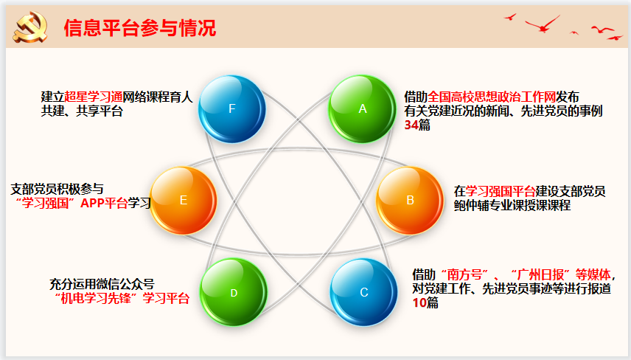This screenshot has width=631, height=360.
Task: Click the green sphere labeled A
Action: point(362,108)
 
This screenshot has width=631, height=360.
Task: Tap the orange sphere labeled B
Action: point(410,200)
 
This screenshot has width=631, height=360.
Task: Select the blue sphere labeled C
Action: point(363,292)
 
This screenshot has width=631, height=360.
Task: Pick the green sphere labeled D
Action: point(234,292)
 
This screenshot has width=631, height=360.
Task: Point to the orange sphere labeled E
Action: point(184,200)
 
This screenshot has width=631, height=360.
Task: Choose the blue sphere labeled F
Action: point(231,108)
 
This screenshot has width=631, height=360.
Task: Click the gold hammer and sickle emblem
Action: point(30,27)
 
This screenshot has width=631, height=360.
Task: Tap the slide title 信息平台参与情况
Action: point(139,28)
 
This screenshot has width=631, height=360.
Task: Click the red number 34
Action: point(411,125)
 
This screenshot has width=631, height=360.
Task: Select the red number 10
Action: point(419,302)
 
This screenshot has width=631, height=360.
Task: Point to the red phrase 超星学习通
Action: point(94,97)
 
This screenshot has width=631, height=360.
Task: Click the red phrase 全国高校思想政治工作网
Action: point(492,97)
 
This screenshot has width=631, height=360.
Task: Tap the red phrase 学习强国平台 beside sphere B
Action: point(501,191)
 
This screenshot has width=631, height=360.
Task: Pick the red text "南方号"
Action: point(465,274)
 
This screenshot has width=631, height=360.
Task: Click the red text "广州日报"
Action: point(541,274)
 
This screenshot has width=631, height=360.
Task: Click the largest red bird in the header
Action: point(543,24)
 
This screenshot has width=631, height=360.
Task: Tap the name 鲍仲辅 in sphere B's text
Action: point(471,205)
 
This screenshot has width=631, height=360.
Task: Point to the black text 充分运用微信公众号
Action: point(102,284)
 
